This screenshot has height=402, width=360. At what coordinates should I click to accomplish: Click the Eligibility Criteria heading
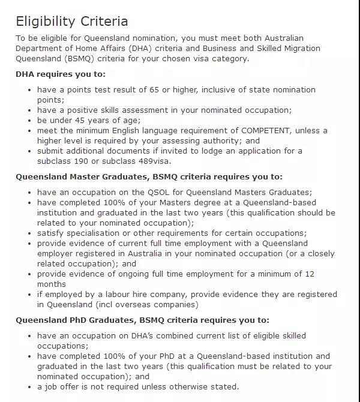click(71, 21)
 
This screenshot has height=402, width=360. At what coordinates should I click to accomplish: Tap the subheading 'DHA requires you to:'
click(61, 74)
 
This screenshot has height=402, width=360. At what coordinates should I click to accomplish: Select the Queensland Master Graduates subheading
click(149, 177)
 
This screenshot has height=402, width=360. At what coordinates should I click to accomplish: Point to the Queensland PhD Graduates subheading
click(142, 320)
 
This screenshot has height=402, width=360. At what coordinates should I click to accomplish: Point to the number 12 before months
click(309, 274)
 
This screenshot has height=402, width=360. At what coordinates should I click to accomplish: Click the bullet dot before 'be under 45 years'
click(30, 121)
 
